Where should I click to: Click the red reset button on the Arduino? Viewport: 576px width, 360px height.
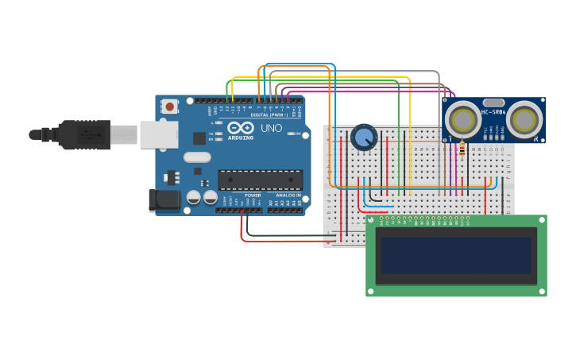169,106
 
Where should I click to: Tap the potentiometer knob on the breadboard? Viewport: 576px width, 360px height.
364,137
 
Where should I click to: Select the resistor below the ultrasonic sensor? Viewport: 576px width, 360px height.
462,149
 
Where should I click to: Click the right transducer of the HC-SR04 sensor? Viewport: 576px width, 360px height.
524,120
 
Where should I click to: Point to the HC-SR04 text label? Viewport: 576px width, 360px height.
493,112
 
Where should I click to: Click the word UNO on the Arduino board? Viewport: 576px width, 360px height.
271,128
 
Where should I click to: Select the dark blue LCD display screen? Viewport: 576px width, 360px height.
456,255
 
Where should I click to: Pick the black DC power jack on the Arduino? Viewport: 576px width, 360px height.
165,200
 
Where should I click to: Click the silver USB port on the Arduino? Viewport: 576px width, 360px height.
159,134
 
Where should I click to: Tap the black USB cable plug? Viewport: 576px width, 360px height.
83,135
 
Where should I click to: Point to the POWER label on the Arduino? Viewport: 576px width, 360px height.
253,195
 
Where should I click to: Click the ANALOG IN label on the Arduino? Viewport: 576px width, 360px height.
288,195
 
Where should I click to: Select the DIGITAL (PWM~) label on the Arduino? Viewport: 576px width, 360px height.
269,115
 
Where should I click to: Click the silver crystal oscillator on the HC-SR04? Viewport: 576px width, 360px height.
493,103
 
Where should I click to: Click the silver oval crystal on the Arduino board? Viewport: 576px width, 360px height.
197,157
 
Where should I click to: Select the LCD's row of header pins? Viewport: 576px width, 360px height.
429,218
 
